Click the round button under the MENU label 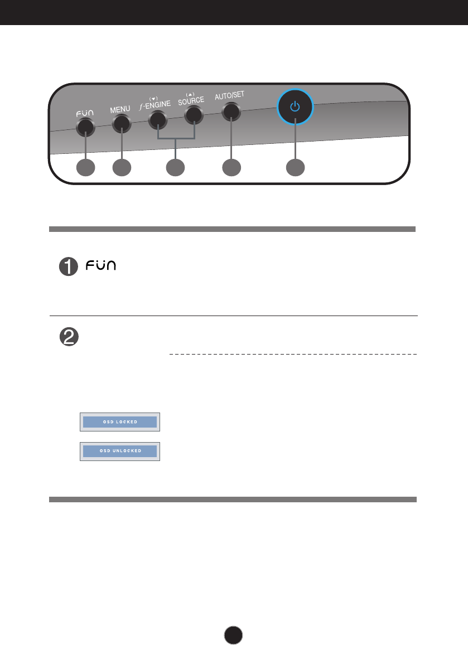coord(121,123)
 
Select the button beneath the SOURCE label coord(193,115)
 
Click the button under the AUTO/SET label coord(230,112)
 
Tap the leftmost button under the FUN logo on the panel coord(85,127)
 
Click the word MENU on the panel coord(120,109)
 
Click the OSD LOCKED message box coord(120,421)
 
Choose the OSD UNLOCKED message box coord(120,450)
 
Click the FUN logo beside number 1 coord(100,266)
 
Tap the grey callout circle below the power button coord(296,168)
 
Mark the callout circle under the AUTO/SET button coord(231,168)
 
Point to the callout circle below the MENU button coord(121,168)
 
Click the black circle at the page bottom coord(234,634)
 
